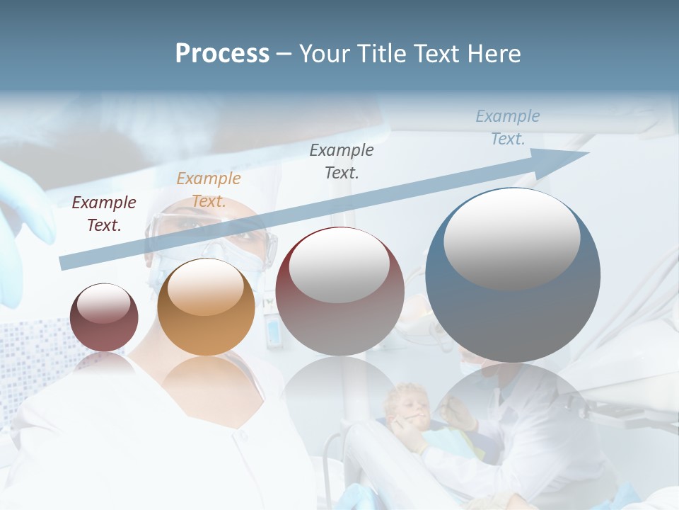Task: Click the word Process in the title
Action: point(222,54)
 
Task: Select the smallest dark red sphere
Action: point(104,317)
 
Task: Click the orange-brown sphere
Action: point(206,307)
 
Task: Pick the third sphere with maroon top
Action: point(339,291)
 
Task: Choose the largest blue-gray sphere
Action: point(513,275)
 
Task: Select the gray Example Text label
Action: point(342,161)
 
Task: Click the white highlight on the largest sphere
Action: point(511,237)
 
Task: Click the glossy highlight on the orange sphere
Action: point(206,288)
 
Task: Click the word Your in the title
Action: point(323,54)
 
